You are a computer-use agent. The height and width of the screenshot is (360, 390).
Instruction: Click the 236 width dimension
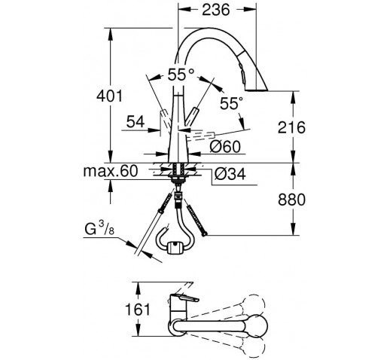[216, 10]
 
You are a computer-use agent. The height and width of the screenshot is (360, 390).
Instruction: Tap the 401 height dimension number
[110, 96]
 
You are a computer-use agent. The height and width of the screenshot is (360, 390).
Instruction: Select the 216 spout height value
[291, 127]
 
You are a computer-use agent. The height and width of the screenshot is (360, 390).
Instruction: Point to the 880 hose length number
[291, 200]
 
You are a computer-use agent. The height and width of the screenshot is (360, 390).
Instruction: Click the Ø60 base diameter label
[225, 147]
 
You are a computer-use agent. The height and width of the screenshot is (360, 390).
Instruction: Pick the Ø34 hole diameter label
[230, 174]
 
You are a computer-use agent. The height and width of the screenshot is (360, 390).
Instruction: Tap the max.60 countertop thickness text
[111, 171]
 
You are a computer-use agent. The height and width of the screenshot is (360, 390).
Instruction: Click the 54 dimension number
[136, 122]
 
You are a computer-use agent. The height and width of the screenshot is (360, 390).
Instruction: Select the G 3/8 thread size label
[99, 229]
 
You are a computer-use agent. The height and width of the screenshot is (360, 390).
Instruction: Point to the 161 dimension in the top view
[138, 309]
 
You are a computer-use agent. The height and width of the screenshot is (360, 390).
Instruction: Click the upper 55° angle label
[181, 75]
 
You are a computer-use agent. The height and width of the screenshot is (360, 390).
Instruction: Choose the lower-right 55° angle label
[232, 103]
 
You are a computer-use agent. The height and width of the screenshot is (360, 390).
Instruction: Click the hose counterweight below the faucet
[175, 247]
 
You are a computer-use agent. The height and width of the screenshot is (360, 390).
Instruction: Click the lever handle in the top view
[184, 297]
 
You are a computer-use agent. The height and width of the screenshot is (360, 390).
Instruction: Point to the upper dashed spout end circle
[254, 304]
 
